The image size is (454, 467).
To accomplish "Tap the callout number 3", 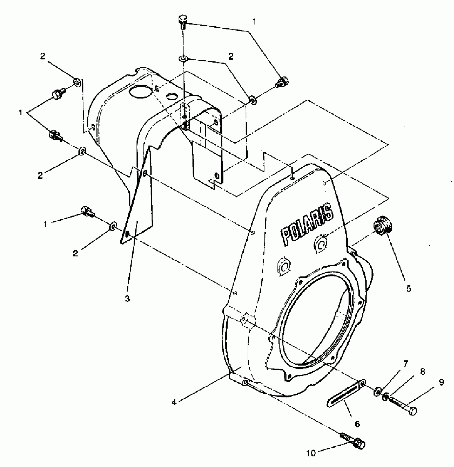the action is (127, 299).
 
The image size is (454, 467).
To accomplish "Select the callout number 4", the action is (174, 402).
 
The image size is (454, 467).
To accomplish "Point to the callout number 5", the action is (409, 289).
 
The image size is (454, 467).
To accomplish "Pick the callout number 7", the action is (406, 364).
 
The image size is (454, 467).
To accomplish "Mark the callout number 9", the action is (441, 382).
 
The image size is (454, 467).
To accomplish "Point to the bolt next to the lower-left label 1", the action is (87, 211).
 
